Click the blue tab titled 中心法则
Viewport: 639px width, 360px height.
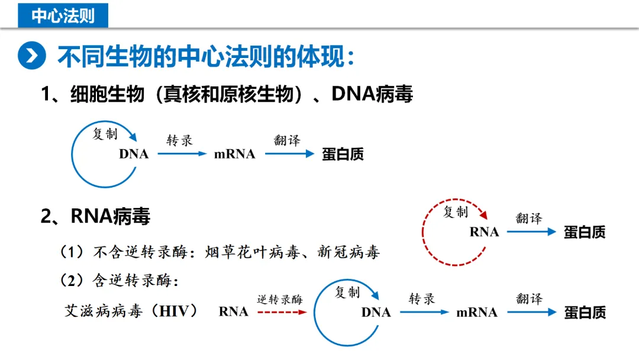pyautogui.click(x=63, y=15)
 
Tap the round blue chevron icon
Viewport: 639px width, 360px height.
pyautogui.click(x=31, y=56)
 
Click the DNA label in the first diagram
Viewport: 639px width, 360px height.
pyautogui.click(x=134, y=154)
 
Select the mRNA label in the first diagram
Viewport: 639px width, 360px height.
pyautogui.click(x=234, y=154)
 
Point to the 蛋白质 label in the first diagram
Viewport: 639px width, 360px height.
pyautogui.click(x=343, y=155)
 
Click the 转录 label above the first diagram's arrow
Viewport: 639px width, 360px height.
pyautogui.click(x=179, y=140)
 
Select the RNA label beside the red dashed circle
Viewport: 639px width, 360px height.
pyautogui.click(x=484, y=232)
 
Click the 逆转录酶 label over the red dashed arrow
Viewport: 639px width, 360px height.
pyautogui.click(x=280, y=300)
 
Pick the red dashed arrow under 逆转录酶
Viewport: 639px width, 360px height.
pyautogui.click(x=282, y=312)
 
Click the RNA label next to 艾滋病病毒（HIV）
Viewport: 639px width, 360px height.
pyautogui.click(x=233, y=311)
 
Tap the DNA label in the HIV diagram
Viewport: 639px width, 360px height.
pyautogui.click(x=376, y=312)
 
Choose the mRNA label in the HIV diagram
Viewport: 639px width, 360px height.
pyautogui.click(x=476, y=312)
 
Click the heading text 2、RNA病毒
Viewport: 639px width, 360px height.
pyautogui.click(x=95, y=216)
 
